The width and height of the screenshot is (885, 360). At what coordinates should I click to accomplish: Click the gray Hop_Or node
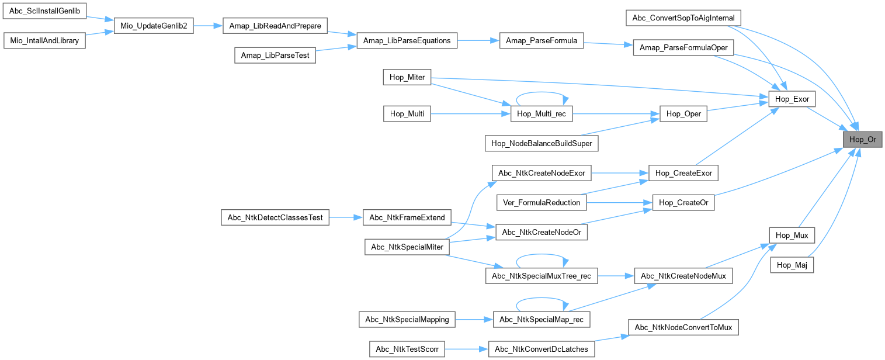click(x=862, y=139)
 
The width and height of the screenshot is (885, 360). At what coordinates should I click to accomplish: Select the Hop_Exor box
click(x=792, y=99)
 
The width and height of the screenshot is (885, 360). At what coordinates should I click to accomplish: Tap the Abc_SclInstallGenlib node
click(x=44, y=11)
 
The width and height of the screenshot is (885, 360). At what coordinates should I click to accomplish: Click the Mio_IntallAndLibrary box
click(x=44, y=41)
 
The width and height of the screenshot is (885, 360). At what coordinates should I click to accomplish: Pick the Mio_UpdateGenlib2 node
click(x=154, y=26)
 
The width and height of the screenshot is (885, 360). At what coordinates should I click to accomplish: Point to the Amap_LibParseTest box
click(x=275, y=55)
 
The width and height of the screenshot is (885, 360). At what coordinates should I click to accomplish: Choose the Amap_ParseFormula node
click(x=541, y=41)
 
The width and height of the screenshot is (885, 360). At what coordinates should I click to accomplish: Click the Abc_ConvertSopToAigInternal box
click(x=683, y=18)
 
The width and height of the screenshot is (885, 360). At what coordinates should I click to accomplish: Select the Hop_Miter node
click(x=407, y=77)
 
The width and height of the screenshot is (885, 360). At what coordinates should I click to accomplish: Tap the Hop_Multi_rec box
click(x=542, y=114)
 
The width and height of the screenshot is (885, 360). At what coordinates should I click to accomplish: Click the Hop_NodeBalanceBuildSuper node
click(x=542, y=143)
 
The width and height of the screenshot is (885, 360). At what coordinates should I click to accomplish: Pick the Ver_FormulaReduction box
click(x=542, y=202)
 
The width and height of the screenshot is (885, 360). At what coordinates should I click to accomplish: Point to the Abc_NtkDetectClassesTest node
click(x=275, y=217)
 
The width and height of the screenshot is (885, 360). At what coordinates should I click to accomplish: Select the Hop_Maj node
click(x=792, y=265)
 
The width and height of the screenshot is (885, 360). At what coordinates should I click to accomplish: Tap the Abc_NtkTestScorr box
click(x=407, y=349)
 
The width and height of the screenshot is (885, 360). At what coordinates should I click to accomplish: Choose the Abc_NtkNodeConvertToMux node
click(x=683, y=326)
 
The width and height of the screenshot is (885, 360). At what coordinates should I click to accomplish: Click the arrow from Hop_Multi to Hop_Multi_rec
click(x=470, y=114)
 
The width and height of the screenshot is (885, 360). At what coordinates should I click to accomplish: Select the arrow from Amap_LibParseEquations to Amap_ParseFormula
click(x=478, y=41)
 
